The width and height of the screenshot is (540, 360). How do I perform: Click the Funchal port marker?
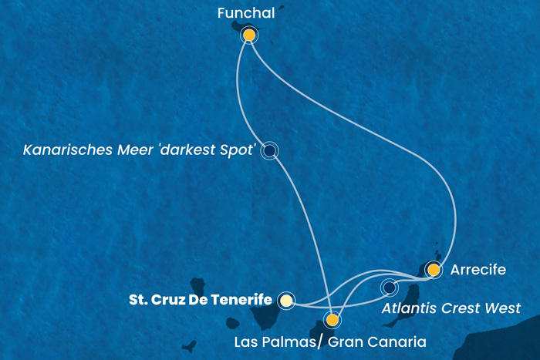click(249, 35)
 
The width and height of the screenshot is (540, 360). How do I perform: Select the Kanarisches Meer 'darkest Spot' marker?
click(269, 151)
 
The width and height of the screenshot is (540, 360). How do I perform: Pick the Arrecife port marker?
click(434, 270)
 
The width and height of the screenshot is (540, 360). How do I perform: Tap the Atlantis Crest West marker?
click(389, 288)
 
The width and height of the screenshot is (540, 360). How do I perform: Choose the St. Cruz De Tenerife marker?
click(286, 300)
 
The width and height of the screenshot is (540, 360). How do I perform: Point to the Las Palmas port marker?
click(332, 319)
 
